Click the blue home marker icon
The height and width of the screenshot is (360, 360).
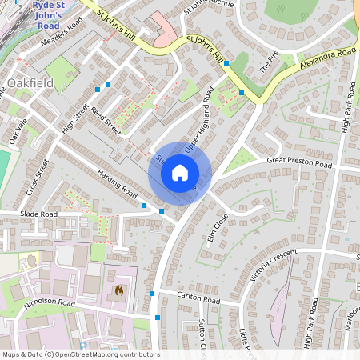(x=180, y=173)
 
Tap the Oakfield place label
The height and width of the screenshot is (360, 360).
(x=31, y=82)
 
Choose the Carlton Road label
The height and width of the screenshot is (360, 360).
(x=198, y=298)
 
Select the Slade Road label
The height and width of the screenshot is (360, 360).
(x=39, y=214)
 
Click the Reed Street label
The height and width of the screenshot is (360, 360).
(x=106, y=122)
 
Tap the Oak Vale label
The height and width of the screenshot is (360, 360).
(x=18, y=132)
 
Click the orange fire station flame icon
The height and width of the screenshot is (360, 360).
(x=119, y=290)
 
